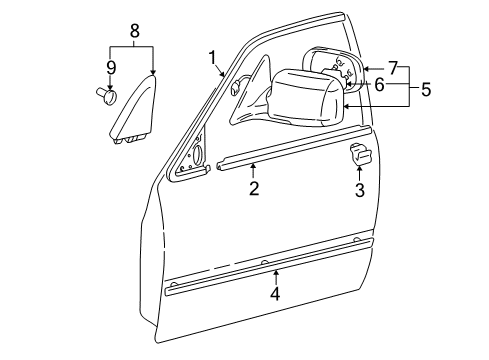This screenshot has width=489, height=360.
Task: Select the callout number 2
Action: click(x=253, y=188)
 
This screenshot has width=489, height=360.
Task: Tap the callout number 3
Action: click(x=359, y=188)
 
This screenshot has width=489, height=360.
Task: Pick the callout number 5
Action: click(x=425, y=89)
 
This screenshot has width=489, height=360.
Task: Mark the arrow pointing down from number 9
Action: click(x=110, y=83)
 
